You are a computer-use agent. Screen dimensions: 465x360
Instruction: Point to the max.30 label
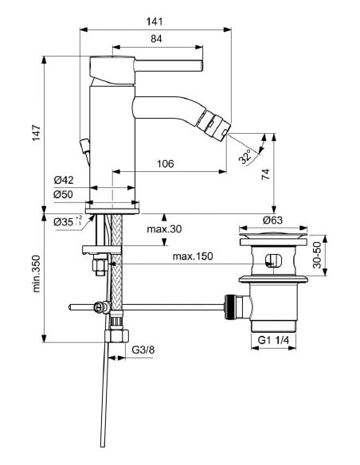click(164, 230)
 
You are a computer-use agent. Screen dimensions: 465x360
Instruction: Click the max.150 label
click(192, 256)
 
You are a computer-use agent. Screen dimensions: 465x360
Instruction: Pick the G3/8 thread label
click(144, 348)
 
